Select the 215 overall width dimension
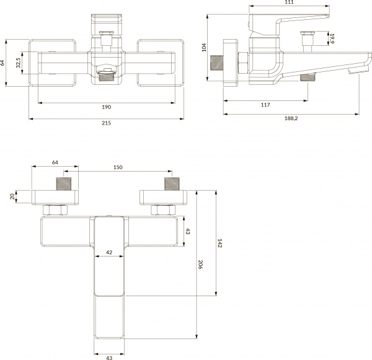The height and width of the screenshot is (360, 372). (x=106, y=123)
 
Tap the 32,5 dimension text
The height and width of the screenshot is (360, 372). (x=19, y=63)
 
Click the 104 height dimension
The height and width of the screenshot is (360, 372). (x=205, y=48)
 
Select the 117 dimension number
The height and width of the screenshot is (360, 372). (x=265, y=104)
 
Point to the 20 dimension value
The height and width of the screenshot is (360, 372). (x=12, y=196)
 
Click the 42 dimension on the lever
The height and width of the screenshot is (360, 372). (x=109, y=252)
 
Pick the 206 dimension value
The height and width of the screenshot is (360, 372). (x=199, y=265)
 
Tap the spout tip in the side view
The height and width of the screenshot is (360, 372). (x=355, y=72)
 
